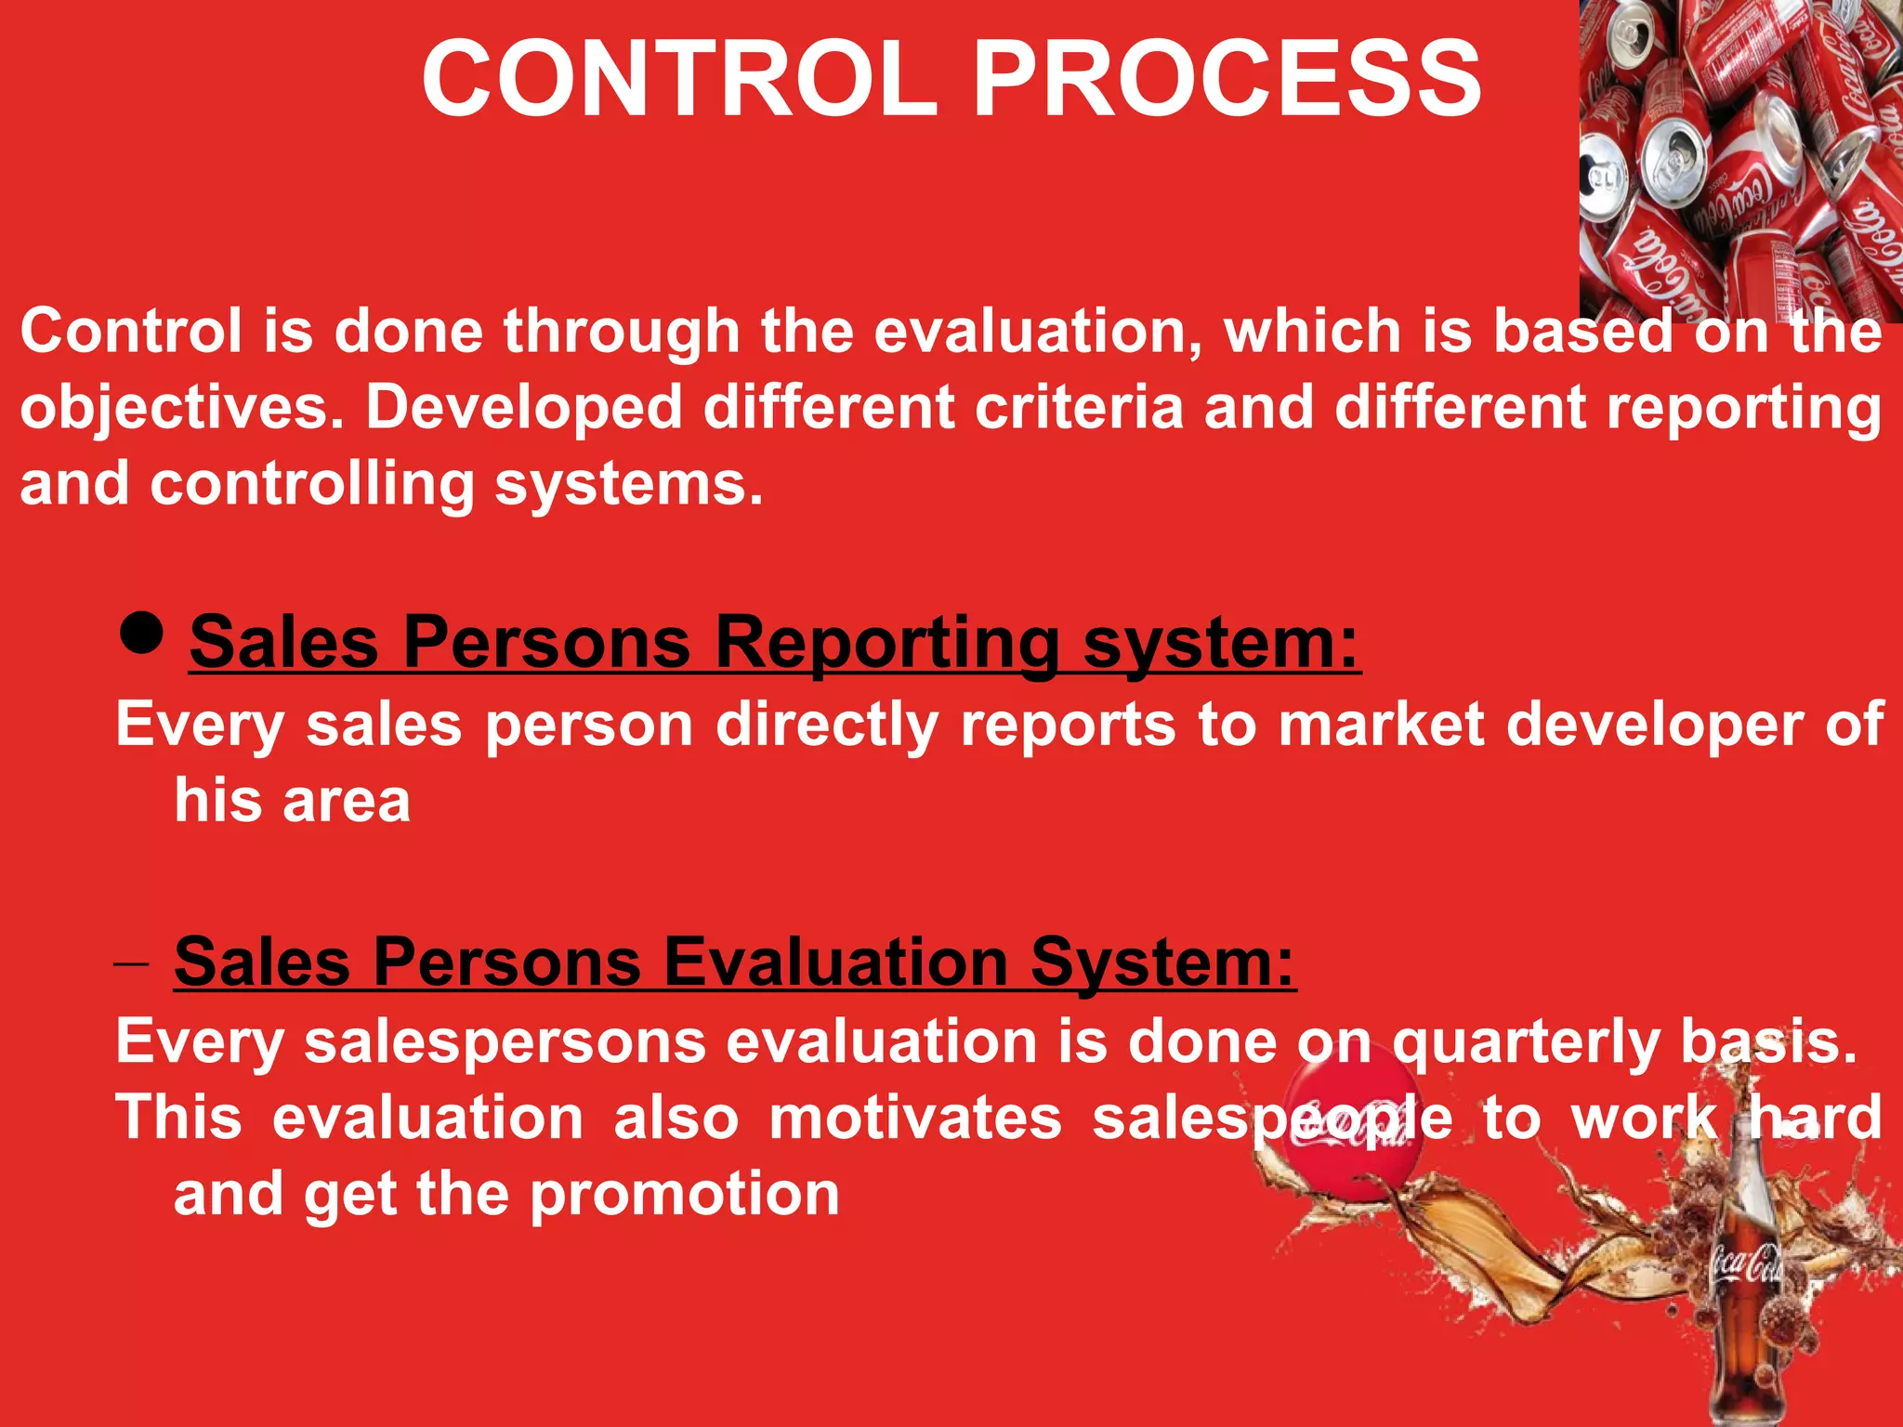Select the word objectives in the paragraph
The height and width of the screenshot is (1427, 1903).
[182, 409]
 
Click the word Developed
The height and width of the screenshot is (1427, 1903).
[524, 409]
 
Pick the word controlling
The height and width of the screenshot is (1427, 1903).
[312, 485]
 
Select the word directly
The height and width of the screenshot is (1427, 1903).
[827, 726]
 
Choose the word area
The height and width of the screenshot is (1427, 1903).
[346, 801]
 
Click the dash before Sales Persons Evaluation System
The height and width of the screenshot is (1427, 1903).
[131, 964]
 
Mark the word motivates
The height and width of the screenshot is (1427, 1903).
[915, 1118]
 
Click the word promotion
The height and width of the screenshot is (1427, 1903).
[685, 1196]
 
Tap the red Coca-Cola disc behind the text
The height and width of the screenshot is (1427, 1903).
[1352, 1129]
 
